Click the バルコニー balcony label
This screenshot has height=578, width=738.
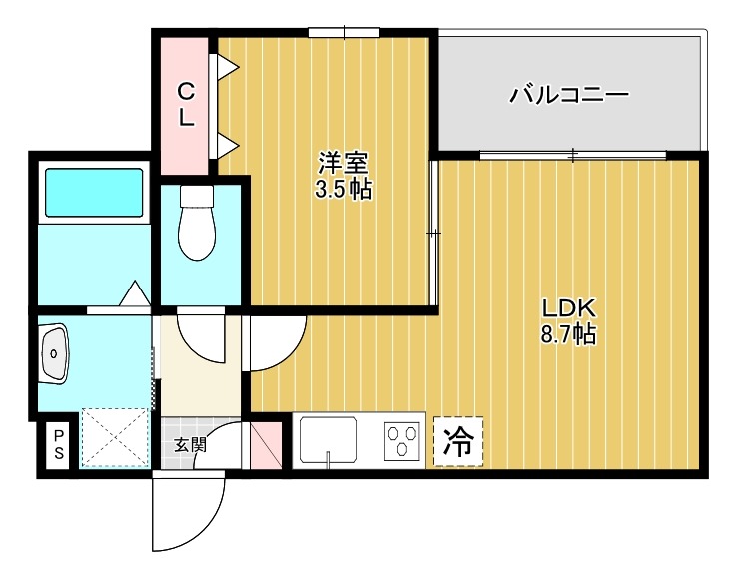568,96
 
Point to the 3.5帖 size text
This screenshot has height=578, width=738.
343,190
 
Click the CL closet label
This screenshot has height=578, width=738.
186,104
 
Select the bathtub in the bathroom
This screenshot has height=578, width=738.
94,195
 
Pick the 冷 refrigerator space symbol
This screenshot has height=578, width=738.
457,441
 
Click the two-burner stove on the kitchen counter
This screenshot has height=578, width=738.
403,440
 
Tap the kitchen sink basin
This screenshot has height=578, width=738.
329,440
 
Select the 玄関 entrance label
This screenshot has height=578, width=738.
190,445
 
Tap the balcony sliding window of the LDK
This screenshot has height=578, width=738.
572,155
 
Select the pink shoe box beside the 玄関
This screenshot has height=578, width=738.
267,446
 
